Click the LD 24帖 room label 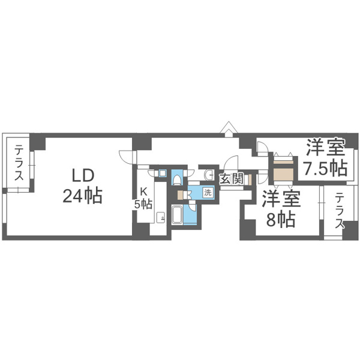(83, 186)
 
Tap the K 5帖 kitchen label (143, 197)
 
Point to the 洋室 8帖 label (281, 209)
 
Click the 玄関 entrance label (231, 179)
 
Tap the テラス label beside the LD (19, 163)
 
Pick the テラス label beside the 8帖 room (340, 211)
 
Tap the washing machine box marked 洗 (208, 192)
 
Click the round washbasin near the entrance (209, 175)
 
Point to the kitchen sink (160, 217)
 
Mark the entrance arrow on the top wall (228, 129)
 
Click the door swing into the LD (126, 157)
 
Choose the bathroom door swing (193, 206)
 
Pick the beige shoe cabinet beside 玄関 (250, 179)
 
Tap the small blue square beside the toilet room (163, 173)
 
